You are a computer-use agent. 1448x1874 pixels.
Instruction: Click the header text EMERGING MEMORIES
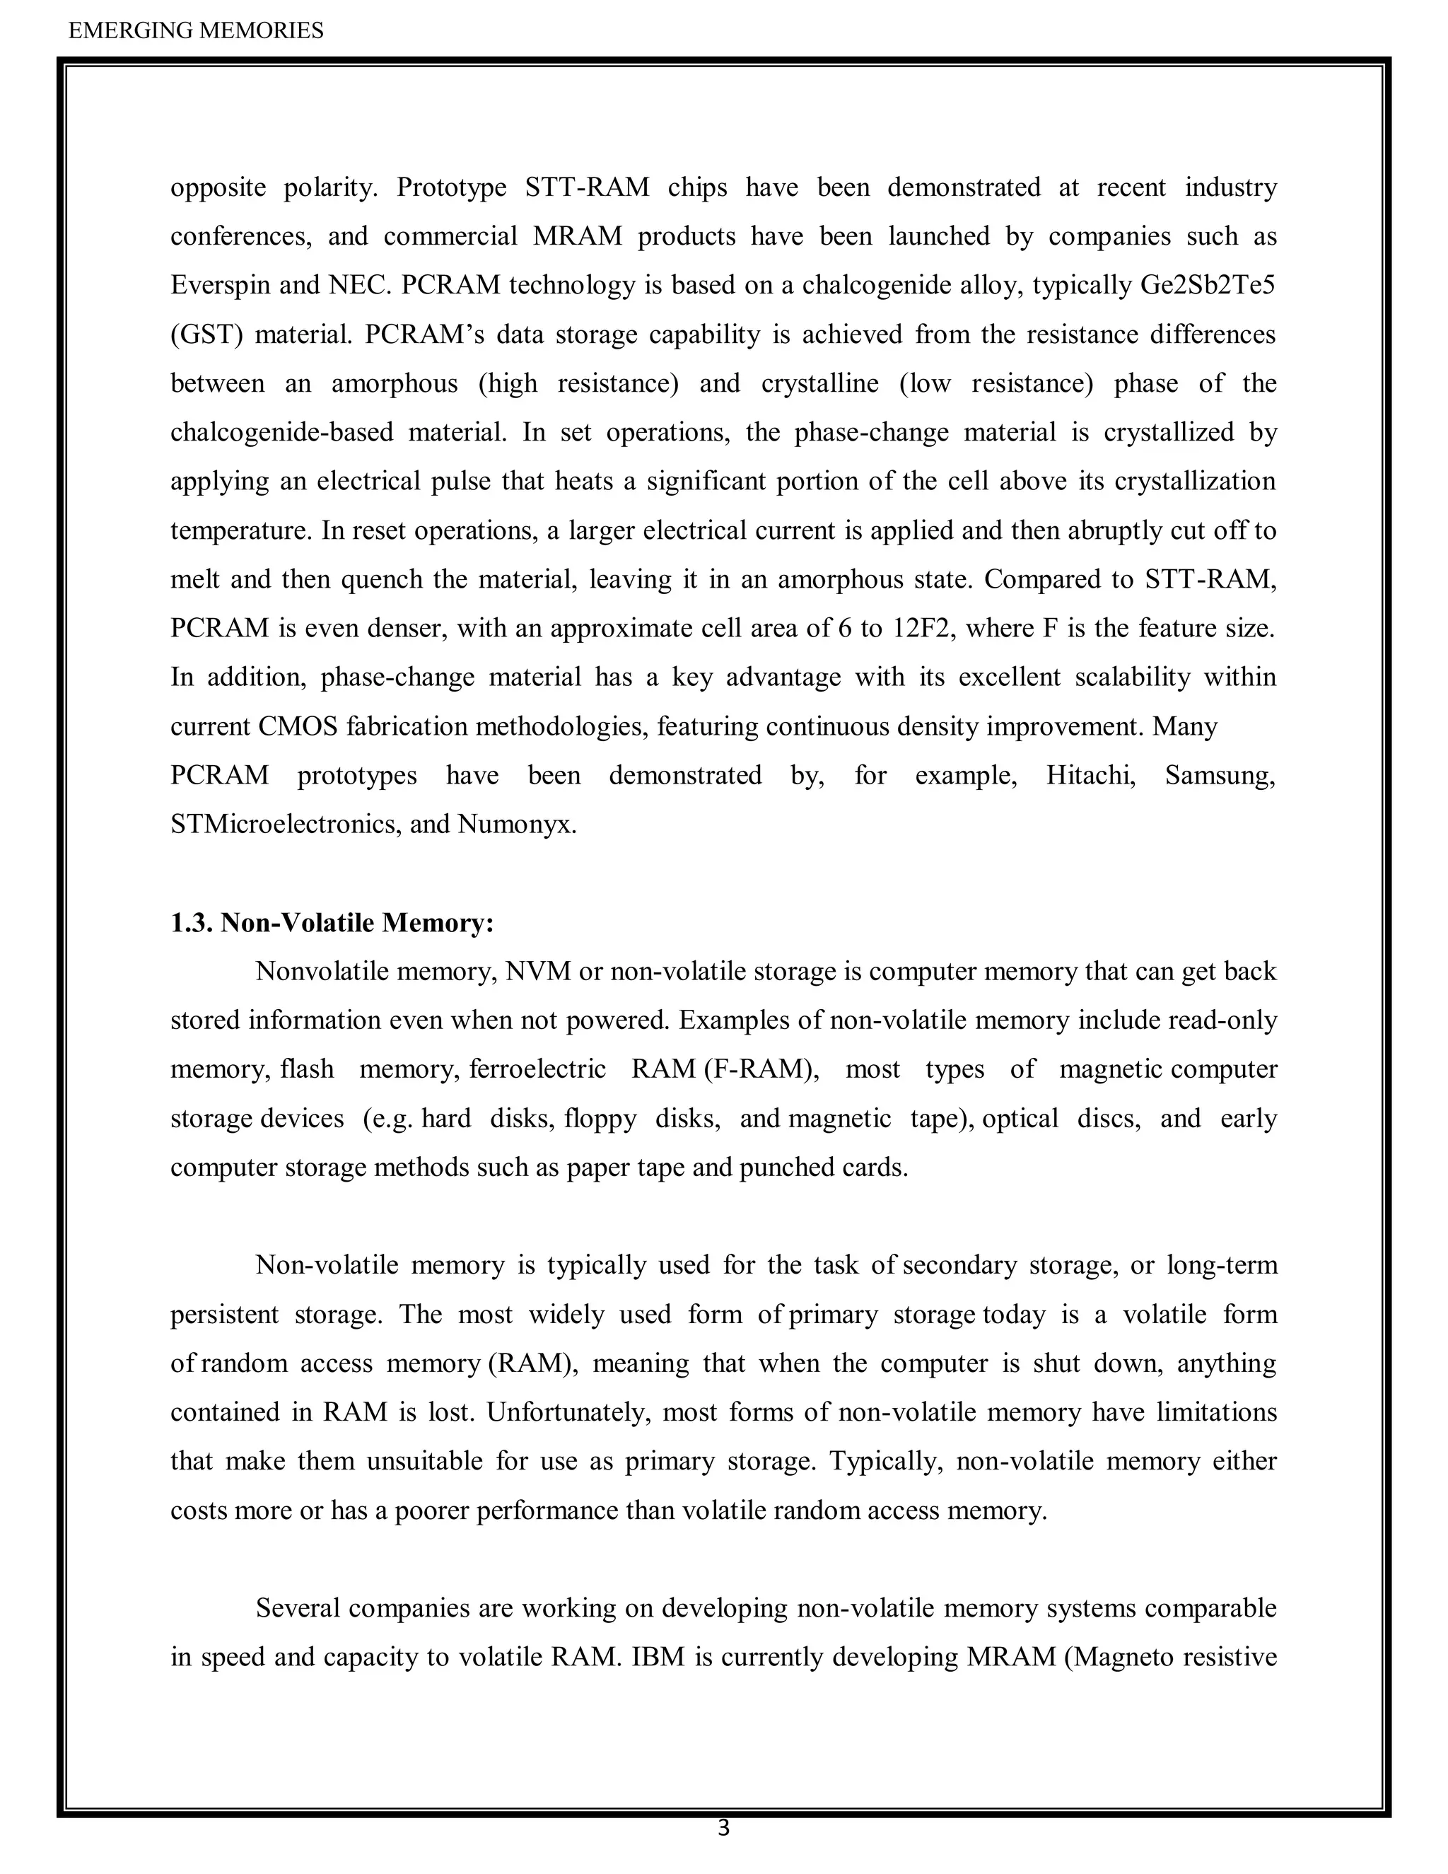[196, 31]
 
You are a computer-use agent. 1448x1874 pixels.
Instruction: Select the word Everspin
[221, 285]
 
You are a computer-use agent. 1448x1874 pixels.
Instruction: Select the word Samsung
[1220, 775]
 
